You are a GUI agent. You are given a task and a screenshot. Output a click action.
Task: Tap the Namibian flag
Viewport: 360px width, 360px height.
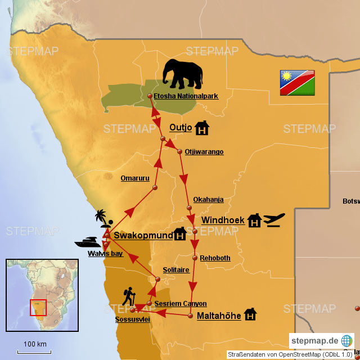click(x=298, y=83)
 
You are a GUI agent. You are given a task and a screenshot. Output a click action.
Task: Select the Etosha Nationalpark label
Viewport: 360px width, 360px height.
click(x=186, y=96)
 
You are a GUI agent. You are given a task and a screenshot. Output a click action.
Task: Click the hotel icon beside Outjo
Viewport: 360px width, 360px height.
click(x=202, y=128)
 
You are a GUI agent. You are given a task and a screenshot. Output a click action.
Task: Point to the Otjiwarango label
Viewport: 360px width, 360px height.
click(x=204, y=152)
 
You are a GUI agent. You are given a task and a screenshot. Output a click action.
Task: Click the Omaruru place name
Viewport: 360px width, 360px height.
click(x=135, y=178)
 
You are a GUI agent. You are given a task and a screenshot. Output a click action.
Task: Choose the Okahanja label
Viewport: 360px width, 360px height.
click(x=208, y=200)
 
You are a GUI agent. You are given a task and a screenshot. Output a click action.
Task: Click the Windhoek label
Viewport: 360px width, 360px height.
click(x=223, y=220)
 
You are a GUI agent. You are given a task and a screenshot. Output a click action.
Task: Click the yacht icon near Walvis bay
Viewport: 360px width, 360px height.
click(x=88, y=242)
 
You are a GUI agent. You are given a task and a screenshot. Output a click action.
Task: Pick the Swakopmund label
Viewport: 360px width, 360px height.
click(x=143, y=236)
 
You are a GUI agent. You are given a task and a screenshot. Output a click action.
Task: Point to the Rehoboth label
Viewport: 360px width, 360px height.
click(x=215, y=258)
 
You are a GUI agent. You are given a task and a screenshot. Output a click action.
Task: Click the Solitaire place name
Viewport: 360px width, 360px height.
click(x=175, y=270)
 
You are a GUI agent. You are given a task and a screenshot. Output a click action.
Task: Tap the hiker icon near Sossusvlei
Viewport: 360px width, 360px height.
click(x=129, y=296)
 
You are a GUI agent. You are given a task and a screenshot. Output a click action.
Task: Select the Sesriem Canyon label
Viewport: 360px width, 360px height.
click(x=180, y=304)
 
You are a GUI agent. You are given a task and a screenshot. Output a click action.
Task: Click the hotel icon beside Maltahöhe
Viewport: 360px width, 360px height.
click(x=250, y=314)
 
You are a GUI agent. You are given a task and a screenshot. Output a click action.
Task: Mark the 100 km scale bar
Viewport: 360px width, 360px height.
click(x=35, y=351)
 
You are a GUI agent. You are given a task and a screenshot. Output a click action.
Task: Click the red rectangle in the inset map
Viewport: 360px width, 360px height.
click(x=38, y=308)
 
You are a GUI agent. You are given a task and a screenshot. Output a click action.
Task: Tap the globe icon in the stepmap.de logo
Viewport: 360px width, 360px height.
click(x=347, y=341)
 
